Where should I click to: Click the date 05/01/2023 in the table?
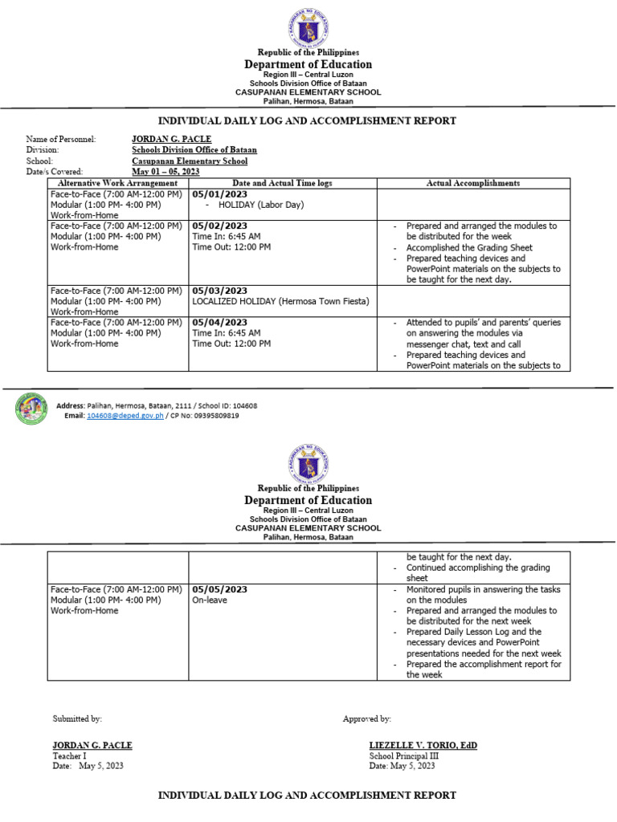click(219, 194)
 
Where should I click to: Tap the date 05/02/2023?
click(219, 226)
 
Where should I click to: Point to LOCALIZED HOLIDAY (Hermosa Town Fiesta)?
click(280, 301)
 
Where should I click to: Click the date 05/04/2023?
click(219, 323)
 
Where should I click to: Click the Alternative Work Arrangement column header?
click(117, 183)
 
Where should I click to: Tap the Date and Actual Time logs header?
click(282, 183)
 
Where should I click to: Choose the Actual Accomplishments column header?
click(472, 183)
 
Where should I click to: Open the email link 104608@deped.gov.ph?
click(125, 416)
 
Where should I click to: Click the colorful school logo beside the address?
click(32, 409)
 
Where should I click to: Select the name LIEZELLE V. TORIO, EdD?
click(423, 745)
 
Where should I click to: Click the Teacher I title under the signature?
click(69, 755)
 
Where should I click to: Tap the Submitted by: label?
click(77, 718)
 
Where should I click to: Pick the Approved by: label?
click(366, 718)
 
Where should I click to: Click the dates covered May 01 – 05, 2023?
click(165, 171)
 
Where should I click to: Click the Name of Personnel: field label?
click(61, 140)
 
